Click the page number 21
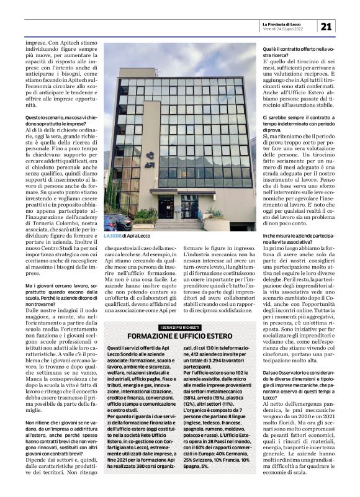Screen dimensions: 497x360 pos(326,26)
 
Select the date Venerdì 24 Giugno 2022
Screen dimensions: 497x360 pos(283,29)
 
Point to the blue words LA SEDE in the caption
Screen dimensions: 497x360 pos(112,236)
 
